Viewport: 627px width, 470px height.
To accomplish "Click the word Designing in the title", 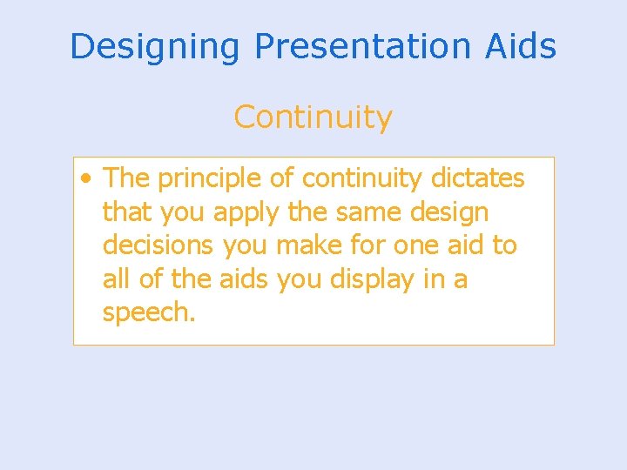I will (x=154, y=46).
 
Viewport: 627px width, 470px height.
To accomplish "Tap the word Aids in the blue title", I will (x=522, y=46).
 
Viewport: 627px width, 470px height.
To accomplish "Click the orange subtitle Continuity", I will (x=313, y=117).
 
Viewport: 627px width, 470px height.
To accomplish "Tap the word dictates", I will (x=478, y=178).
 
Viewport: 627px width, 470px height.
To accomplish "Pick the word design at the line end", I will (x=451, y=212).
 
